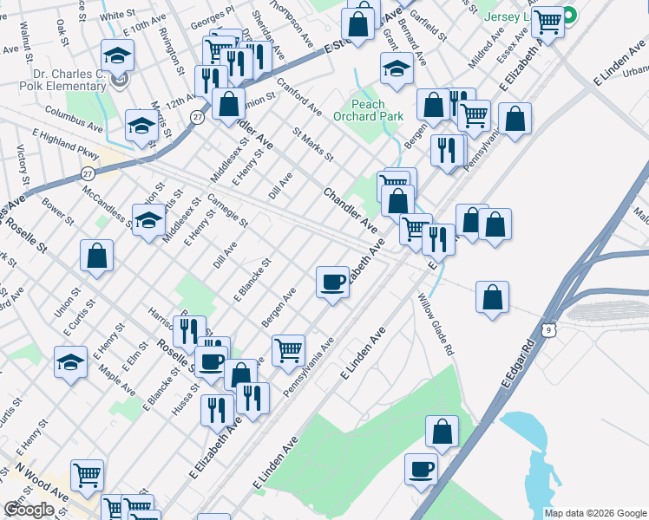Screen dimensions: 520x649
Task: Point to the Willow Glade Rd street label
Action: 436,325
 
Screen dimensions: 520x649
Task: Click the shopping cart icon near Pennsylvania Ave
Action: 288,351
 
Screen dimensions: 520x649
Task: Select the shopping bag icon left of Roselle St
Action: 97,256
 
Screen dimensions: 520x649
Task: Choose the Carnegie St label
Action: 227,211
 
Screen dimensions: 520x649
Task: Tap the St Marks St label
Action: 312,145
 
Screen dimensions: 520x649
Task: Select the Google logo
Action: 29,510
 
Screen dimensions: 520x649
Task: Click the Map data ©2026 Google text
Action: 595,513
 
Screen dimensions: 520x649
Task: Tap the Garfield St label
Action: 429,27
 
